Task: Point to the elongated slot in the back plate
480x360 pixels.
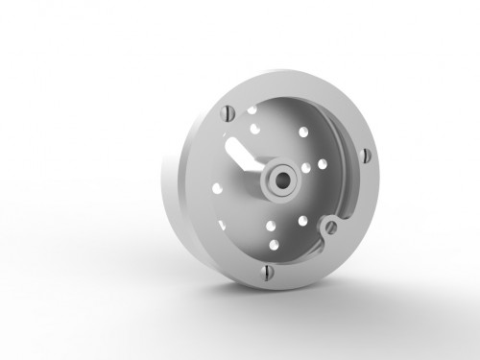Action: (239, 153)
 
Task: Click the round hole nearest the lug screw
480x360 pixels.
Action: (305, 220)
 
